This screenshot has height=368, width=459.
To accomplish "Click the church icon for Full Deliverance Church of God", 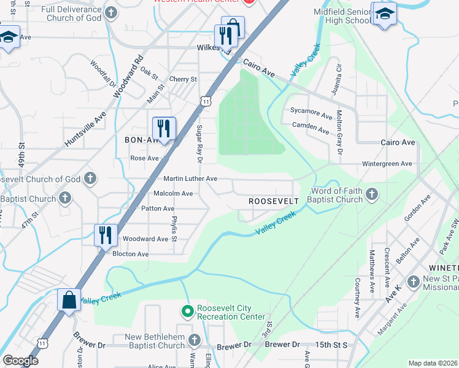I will [110, 13].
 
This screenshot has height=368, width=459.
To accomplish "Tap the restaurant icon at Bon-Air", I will [163, 128].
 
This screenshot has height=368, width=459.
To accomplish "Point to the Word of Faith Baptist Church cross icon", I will [371, 195].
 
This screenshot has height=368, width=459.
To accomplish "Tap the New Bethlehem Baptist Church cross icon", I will [194, 340].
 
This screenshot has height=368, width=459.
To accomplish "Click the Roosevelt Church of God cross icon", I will [90, 179].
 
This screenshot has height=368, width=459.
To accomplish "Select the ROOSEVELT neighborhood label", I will [273, 201].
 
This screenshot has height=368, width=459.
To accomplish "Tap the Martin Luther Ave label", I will [190, 178].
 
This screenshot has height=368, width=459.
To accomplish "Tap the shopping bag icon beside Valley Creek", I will [67, 301].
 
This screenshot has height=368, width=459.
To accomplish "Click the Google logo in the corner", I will [20, 361].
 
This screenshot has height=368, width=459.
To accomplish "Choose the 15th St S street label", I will [331, 345].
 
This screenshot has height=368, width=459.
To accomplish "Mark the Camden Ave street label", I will [310, 128].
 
